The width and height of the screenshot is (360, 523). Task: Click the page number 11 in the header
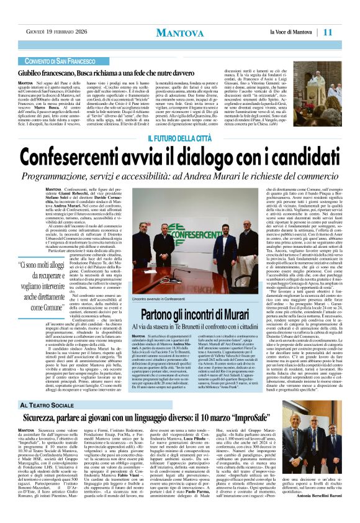click(x=344, y=32)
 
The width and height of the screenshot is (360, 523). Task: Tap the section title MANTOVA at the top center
click(x=181, y=32)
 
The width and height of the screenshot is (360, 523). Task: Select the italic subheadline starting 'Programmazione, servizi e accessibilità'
click(x=180, y=170)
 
